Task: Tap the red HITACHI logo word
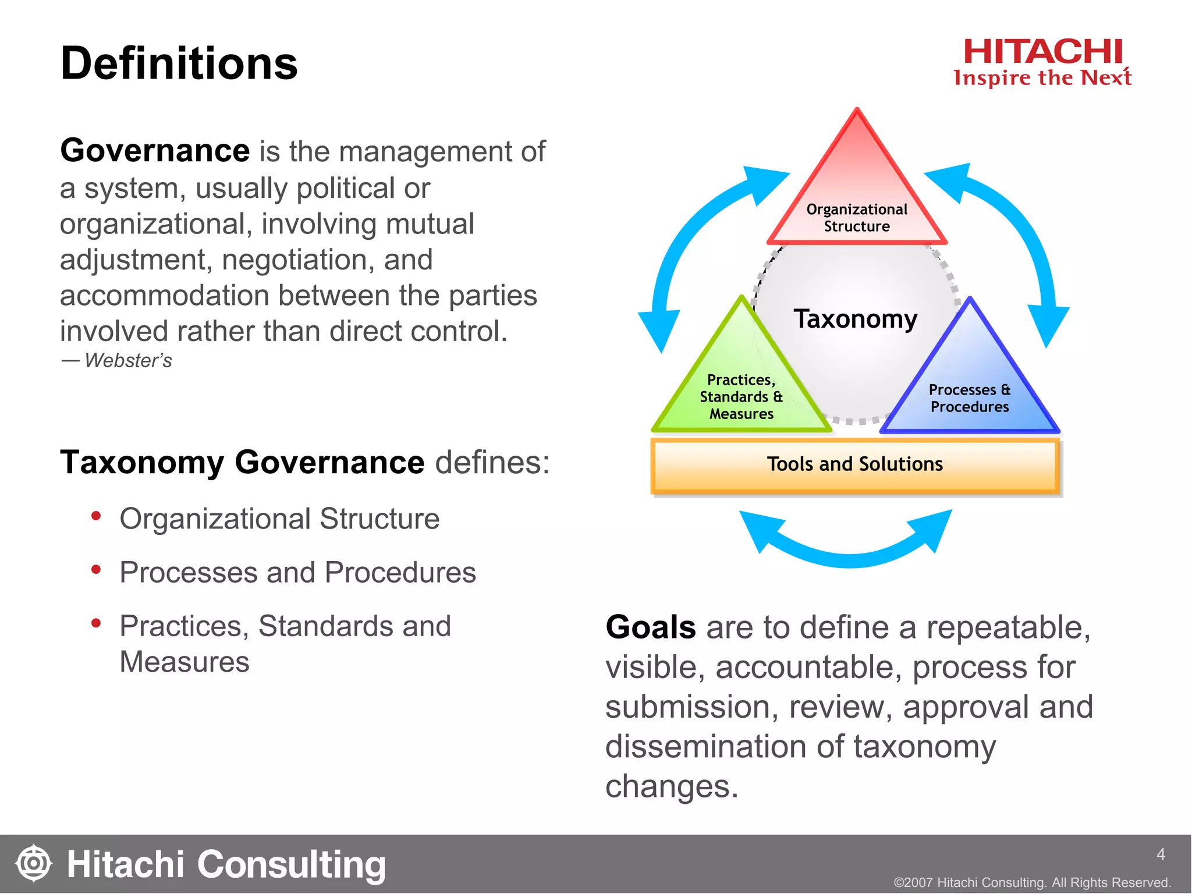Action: [1042, 52]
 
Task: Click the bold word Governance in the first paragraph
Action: [155, 151]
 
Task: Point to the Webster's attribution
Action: [117, 360]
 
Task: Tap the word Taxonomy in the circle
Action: [856, 319]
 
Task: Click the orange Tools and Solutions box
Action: [855, 465]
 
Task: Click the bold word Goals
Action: [651, 627]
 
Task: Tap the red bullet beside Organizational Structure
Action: [96, 516]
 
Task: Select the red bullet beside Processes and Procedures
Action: [96, 569]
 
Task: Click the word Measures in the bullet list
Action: [185, 662]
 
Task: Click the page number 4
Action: [1161, 854]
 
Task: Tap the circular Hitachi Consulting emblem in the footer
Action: [34, 863]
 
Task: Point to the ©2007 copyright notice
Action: [1032, 882]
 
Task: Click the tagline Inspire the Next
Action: [1042, 78]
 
